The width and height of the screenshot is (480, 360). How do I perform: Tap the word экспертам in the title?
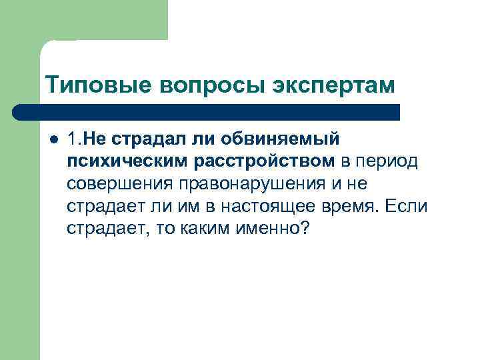tap(335, 85)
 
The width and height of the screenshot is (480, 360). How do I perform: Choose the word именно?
tap(258, 229)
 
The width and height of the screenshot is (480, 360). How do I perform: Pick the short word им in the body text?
tap(185, 207)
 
